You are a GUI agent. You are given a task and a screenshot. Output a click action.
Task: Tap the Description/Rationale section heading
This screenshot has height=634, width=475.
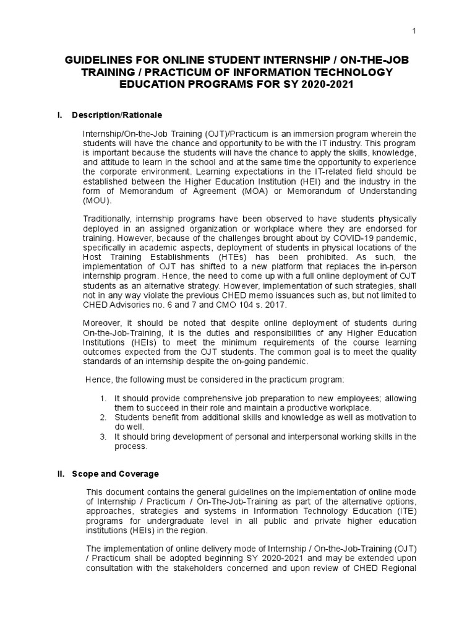pos(117,115)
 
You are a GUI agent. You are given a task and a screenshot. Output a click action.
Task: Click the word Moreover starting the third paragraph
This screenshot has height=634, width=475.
pos(104,323)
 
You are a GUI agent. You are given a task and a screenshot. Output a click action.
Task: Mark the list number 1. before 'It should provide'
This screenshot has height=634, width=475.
pos(103,398)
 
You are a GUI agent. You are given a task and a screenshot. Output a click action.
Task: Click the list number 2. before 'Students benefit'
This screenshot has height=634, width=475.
pos(103,417)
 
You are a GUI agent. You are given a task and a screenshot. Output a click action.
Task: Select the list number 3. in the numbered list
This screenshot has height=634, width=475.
pos(103,436)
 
